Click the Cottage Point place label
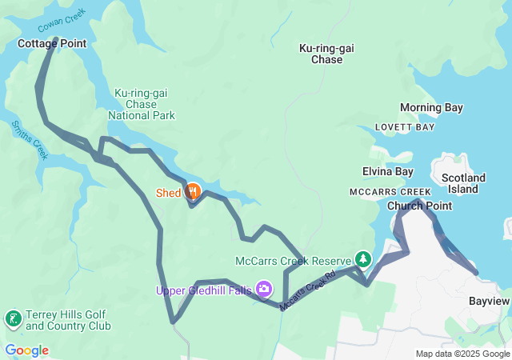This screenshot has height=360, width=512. coord(51,43)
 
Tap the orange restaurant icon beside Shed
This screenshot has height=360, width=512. coord(193,191)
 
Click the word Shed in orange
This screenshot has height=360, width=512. coord(168,193)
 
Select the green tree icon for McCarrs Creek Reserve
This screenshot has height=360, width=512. coord(363,259)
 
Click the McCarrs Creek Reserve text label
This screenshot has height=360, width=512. coord(294,261)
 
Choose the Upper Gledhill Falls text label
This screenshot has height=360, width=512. coord(203,290)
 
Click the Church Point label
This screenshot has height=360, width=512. coord(419,206)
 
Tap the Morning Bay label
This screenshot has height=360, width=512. coord(431,107)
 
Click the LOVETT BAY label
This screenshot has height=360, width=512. coord(406,127)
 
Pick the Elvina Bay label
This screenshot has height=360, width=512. coord(387,171)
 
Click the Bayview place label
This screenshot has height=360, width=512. coord(488,300)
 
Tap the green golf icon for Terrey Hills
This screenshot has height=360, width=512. coord(13,320)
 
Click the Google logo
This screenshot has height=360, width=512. coord(26,350)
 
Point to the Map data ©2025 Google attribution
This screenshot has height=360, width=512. coord(462,354)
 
